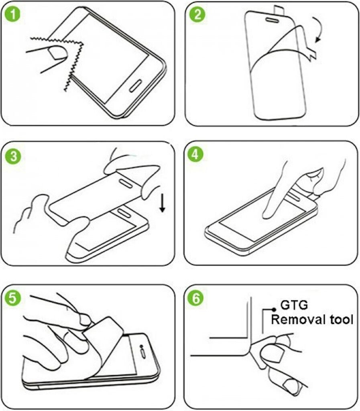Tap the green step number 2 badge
197,14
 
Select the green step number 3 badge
13,157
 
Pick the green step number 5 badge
12,298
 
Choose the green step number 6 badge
196,298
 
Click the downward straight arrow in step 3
163,203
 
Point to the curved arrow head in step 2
318,39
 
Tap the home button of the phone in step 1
135,86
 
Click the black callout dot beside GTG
274,309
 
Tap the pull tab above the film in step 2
279,10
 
